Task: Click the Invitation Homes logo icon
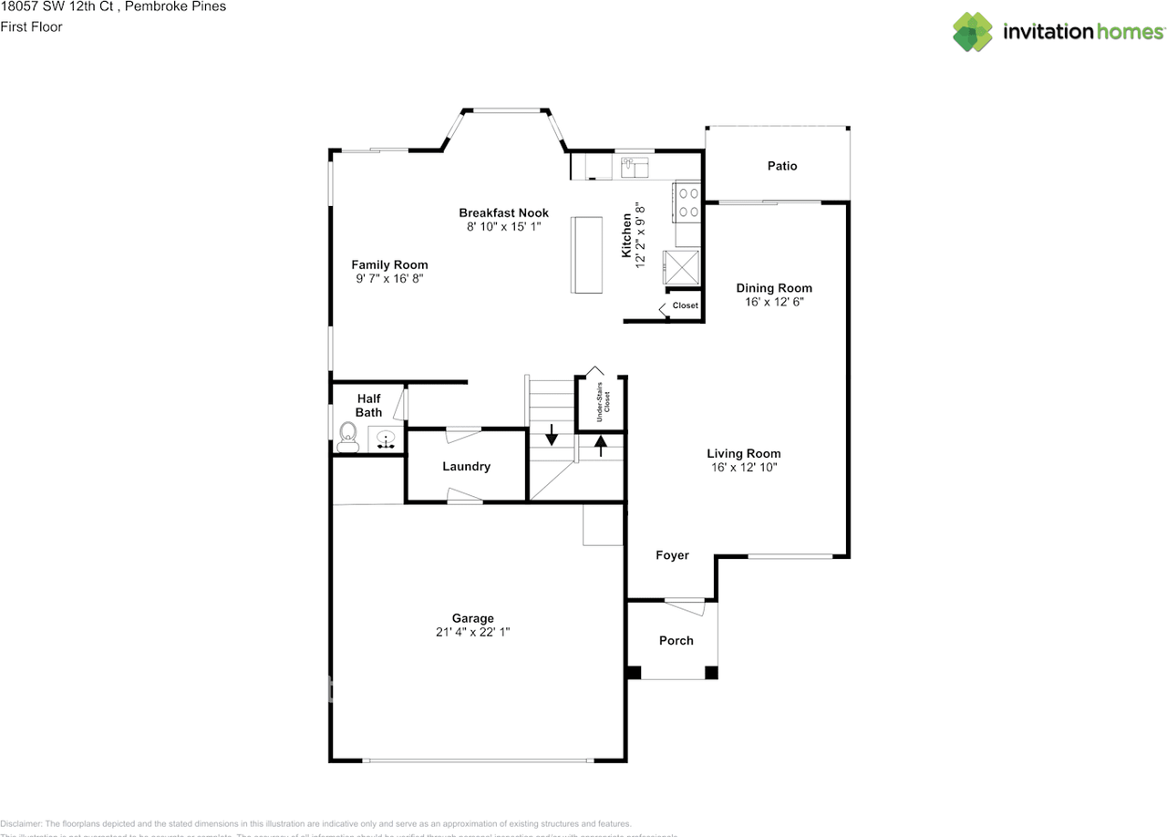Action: (x=973, y=32)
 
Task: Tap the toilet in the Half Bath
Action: (x=347, y=437)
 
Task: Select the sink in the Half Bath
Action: (x=387, y=440)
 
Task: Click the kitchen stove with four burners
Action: (x=687, y=202)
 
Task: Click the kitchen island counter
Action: (x=586, y=254)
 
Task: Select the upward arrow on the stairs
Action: (x=601, y=444)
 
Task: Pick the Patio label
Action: (x=781, y=166)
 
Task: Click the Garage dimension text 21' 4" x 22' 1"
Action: (x=472, y=632)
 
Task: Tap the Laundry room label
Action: (x=466, y=466)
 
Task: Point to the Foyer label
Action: (x=672, y=555)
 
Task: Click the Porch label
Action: (x=676, y=641)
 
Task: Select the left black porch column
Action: (x=634, y=673)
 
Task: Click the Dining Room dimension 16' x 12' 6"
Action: (x=774, y=301)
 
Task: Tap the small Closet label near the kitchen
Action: (x=685, y=305)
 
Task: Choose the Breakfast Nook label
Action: (x=503, y=212)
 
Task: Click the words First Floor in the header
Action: (x=32, y=26)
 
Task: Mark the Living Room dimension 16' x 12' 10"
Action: (x=744, y=467)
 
